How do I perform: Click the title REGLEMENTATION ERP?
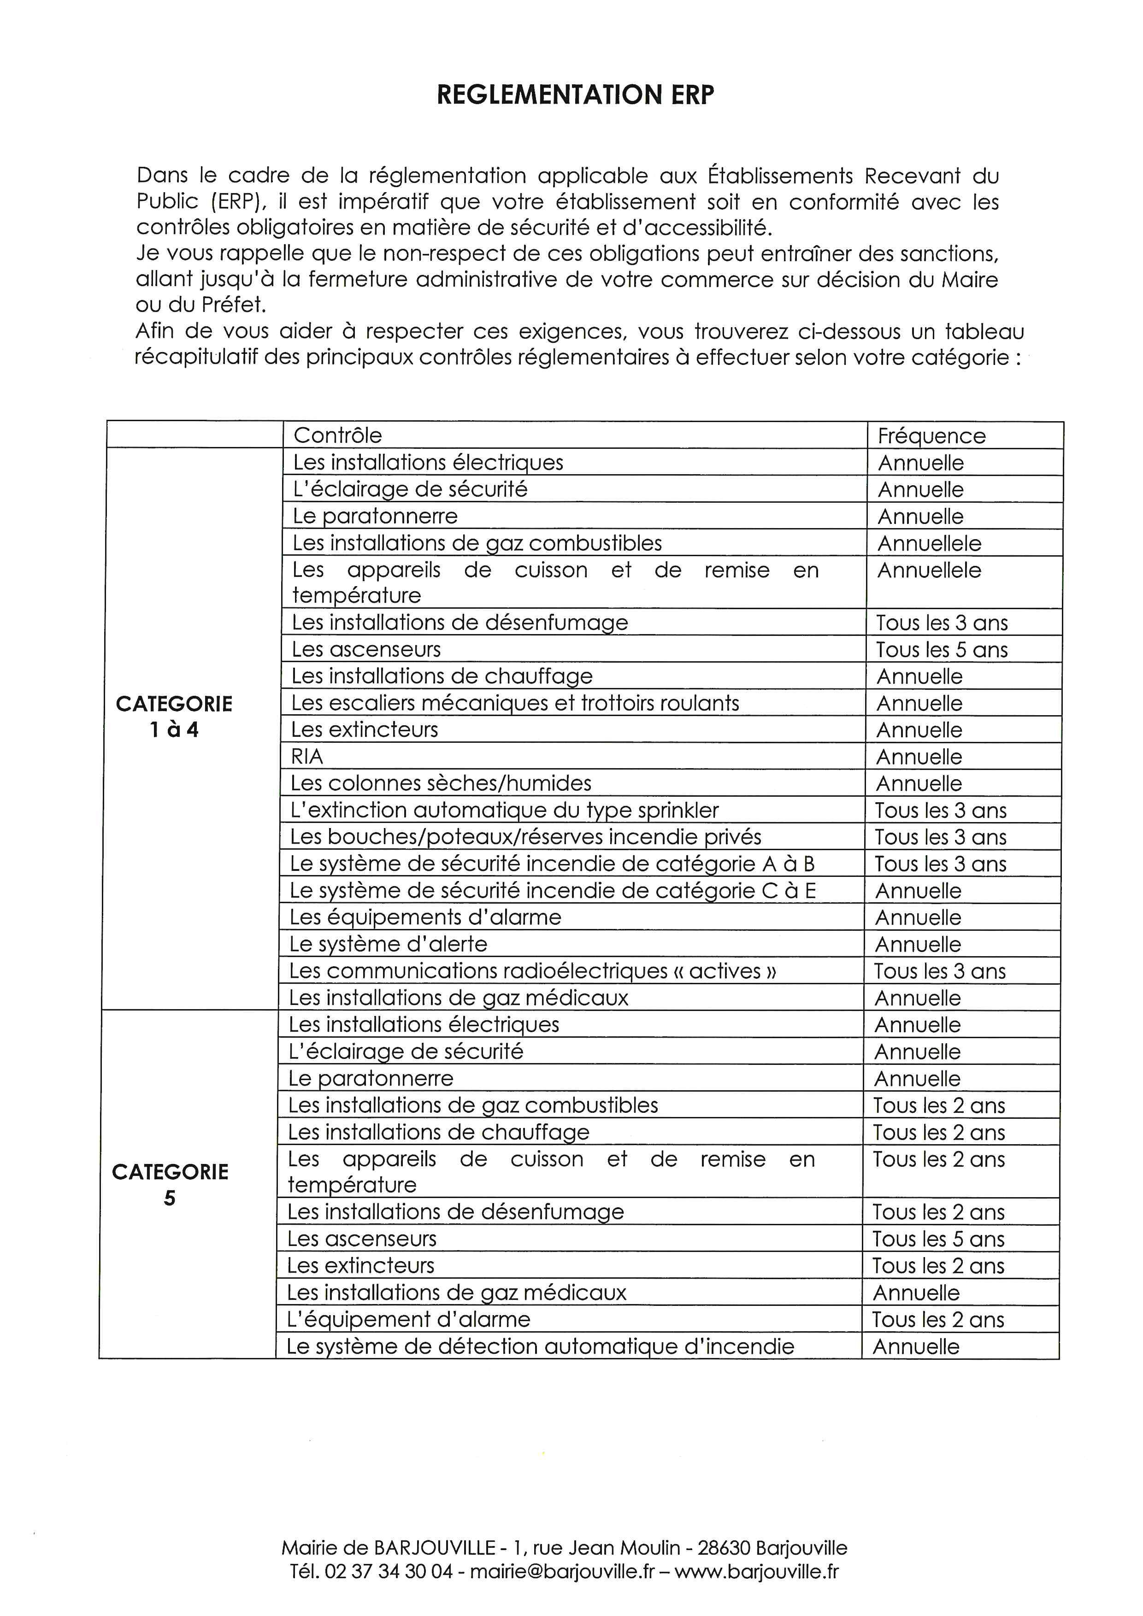pyautogui.click(x=575, y=95)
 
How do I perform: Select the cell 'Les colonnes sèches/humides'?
pyautogui.click(x=441, y=783)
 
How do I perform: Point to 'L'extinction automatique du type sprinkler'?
pyautogui.click(x=504, y=810)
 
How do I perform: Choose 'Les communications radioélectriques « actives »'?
pyautogui.click(x=533, y=970)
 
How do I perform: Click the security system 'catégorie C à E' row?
pyautogui.click(x=553, y=890)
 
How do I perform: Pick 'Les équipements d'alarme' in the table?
pyautogui.click(x=425, y=917)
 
